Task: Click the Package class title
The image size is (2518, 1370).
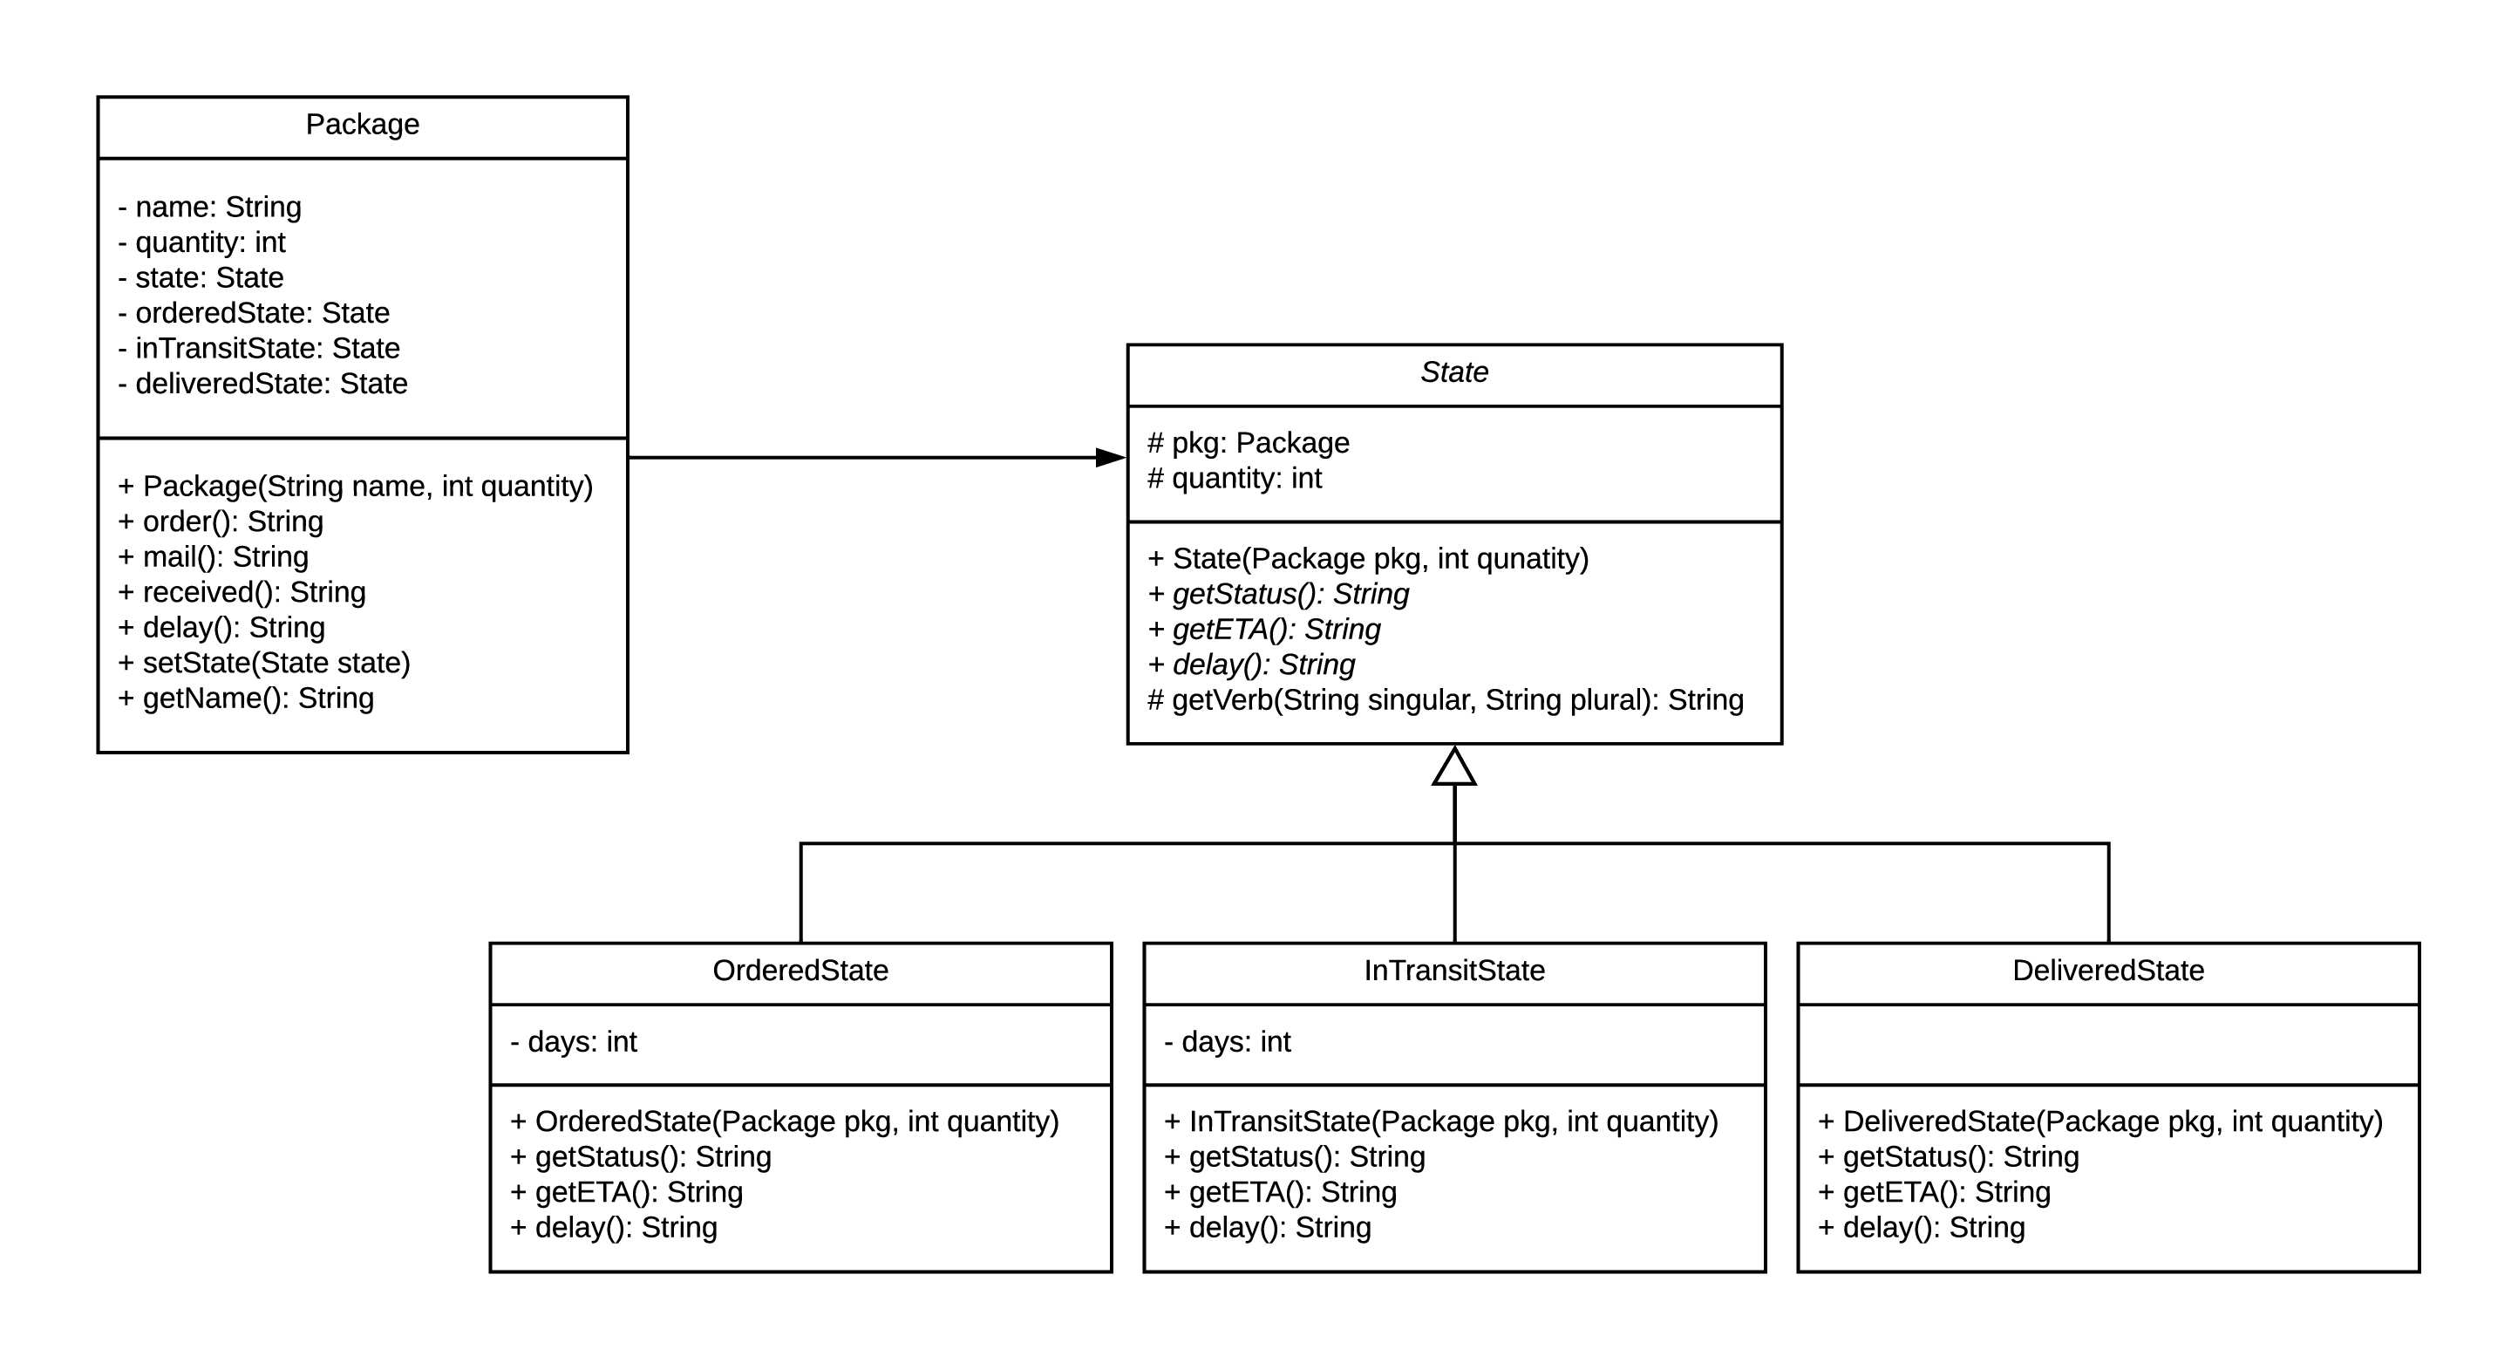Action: [x=362, y=124]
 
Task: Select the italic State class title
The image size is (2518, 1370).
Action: [x=1453, y=371]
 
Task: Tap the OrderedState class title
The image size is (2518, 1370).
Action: [x=800, y=970]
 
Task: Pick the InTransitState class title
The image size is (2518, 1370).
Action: [x=1453, y=970]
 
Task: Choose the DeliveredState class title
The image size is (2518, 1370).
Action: [x=2107, y=970]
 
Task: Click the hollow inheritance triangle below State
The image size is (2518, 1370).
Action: [x=1453, y=767]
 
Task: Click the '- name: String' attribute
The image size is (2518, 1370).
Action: [x=209, y=208]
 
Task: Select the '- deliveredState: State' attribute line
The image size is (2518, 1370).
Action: [x=262, y=384]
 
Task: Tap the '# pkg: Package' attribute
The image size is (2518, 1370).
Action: [x=1248, y=443]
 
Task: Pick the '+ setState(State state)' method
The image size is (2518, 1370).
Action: [x=264, y=663]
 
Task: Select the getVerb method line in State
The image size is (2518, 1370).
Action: [x=1445, y=700]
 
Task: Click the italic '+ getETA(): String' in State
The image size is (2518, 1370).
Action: [x=1264, y=629]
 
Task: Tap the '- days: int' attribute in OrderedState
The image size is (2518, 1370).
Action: [x=573, y=1041]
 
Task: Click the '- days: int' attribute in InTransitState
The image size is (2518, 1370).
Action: [x=1227, y=1041]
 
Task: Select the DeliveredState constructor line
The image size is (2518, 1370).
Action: [x=2099, y=1121]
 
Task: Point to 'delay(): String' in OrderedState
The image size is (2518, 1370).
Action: [x=626, y=1227]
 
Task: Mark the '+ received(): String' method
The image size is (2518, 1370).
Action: [x=242, y=591]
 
